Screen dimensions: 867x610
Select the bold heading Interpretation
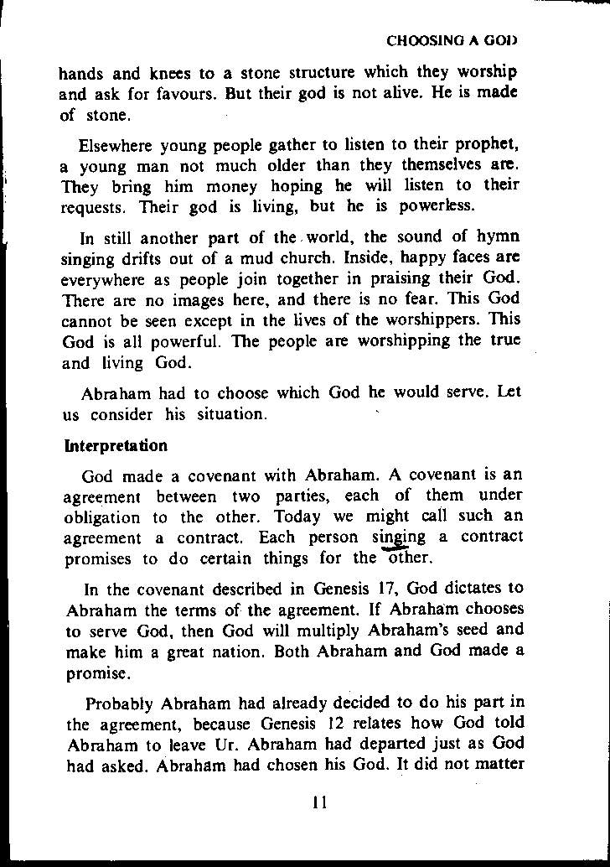pos(116,445)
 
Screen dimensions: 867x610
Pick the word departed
pos(396,743)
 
